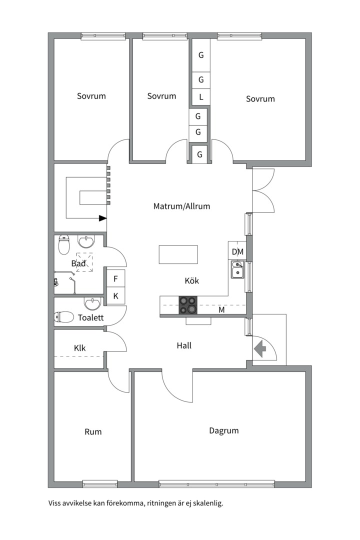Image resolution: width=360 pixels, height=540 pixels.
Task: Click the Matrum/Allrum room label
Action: coord(181,206)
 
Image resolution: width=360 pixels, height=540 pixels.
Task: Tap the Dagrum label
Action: coord(224,431)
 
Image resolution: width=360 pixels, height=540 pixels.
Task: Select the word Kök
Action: coord(192,280)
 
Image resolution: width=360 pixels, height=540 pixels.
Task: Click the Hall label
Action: coord(184,345)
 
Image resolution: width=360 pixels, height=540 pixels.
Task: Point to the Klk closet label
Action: coord(80,348)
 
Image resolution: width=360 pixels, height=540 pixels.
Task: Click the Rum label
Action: coord(93,432)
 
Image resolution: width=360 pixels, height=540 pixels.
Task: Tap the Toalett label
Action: coord(90,317)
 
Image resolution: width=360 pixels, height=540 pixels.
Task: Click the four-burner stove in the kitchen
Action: coord(188,305)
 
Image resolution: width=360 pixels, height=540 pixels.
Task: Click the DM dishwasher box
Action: coord(237,251)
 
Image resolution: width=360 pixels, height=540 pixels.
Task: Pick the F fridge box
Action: coord(116,278)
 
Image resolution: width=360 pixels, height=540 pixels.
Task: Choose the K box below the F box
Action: coord(116,295)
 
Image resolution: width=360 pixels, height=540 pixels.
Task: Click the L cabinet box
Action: coord(201,97)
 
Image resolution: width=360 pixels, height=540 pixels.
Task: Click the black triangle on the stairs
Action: coord(102,218)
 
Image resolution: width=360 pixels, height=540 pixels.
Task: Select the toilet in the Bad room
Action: coord(63,245)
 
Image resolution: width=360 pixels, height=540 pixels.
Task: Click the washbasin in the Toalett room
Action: coord(92,303)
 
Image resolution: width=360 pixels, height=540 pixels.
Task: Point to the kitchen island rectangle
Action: coord(178,254)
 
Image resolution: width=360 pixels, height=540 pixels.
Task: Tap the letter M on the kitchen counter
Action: coord(222,310)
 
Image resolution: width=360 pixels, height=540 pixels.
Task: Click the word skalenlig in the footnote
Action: coord(208,503)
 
